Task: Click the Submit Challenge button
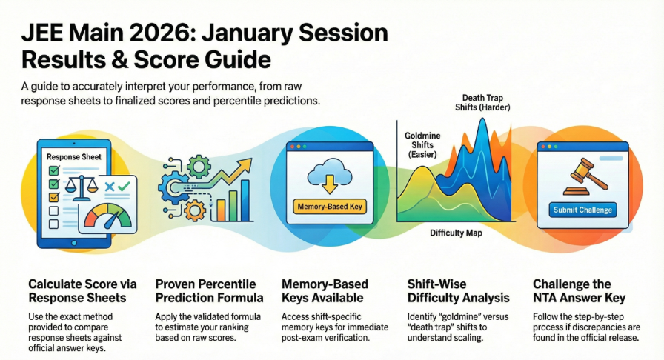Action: point(584,210)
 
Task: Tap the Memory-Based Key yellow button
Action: point(328,206)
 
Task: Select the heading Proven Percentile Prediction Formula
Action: point(209,291)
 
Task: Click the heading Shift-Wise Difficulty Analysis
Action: point(459,291)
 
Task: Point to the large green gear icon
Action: point(200,165)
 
